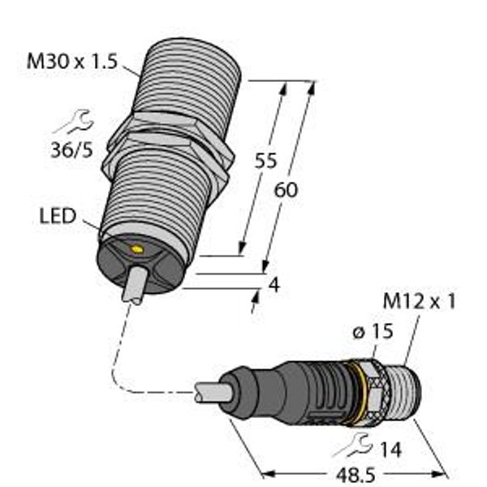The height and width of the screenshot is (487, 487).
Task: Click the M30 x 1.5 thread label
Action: tap(72, 61)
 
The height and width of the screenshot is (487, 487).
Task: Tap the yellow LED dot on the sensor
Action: tap(136, 249)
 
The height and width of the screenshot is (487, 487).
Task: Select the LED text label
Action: tap(58, 216)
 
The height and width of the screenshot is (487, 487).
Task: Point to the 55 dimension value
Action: tap(265, 160)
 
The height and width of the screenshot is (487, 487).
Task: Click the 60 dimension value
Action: tap(286, 190)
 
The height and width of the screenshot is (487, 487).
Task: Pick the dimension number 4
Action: tap(274, 285)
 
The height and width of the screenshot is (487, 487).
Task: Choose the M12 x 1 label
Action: tap(420, 301)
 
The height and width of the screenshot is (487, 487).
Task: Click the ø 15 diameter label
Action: tap(373, 331)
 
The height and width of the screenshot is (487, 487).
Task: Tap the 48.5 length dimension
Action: tap(356, 475)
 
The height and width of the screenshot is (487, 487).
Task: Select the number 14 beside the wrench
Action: tap(390, 450)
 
